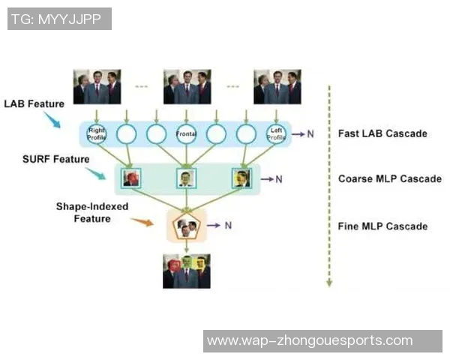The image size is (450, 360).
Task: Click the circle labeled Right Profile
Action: point(97,134)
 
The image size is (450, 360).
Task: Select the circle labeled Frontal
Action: point(186,134)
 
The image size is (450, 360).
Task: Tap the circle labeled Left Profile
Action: point(276,134)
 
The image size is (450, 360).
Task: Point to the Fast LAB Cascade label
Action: point(382,133)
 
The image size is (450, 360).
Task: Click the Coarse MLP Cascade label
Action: point(389,179)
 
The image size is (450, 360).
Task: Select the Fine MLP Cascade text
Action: point(382,226)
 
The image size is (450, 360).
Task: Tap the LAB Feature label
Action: point(34,103)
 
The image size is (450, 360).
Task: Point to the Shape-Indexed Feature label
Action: point(91,212)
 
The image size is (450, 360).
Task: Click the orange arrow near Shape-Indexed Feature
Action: point(142,221)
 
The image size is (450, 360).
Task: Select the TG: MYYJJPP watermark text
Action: point(59,19)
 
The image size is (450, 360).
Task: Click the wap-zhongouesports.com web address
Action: point(310,340)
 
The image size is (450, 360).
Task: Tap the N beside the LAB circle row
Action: point(310,134)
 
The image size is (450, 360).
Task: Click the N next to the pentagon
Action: point(228,225)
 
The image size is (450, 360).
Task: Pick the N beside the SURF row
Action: point(278,179)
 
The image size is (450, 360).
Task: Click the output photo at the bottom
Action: point(186,271)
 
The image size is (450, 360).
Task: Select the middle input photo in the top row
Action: point(186,86)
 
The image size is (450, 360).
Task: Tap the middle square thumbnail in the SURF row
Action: point(186,178)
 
